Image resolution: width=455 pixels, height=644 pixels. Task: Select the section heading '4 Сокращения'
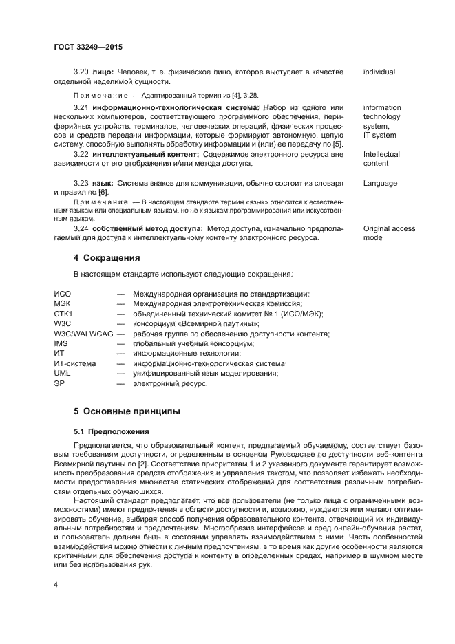tap(107, 258)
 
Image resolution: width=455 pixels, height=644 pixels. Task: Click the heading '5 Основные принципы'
tap(127, 411)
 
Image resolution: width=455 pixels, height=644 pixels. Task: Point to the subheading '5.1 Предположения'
tap(112, 431)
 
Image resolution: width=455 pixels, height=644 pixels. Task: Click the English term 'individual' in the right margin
tap(379, 72)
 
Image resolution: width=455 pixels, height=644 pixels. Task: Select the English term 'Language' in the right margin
tap(380, 184)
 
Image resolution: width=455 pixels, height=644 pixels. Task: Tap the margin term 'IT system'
tap(379, 136)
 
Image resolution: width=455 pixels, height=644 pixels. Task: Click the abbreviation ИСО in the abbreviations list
tap(63, 294)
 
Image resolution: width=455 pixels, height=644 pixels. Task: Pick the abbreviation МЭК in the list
tap(63, 303)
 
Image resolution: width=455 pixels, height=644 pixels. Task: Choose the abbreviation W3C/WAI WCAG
tap(83, 334)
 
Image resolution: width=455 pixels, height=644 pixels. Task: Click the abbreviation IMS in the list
tap(61, 343)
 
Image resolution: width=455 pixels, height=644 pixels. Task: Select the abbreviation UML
tap(62, 373)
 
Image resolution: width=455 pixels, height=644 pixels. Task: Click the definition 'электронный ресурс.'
tap(170, 383)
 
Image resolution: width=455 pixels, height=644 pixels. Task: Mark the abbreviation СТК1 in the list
tap(63, 314)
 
